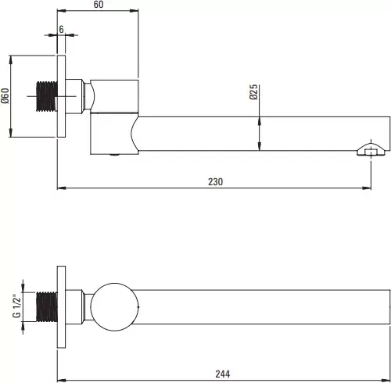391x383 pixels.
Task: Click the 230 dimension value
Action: pyautogui.click(x=215, y=181)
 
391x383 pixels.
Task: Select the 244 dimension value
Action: pyautogui.click(x=223, y=374)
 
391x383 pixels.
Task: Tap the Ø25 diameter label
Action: pyautogui.click(x=253, y=92)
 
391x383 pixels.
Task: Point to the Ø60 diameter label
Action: pyautogui.click(x=5, y=95)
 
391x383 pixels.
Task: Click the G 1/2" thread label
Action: pyautogui.click(x=16, y=306)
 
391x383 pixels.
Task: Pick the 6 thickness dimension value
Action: pyautogui.click(x=61, y=29)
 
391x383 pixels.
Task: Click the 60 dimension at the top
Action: pyautogui.click(x=99, y=5)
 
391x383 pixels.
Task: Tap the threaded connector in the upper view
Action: pyautogui.click(x=47, y=96)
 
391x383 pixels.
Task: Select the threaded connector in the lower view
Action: pyautogui.click(x=47, y=306)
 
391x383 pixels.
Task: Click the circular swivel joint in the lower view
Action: pyautogui.click(x=114, y=307)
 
